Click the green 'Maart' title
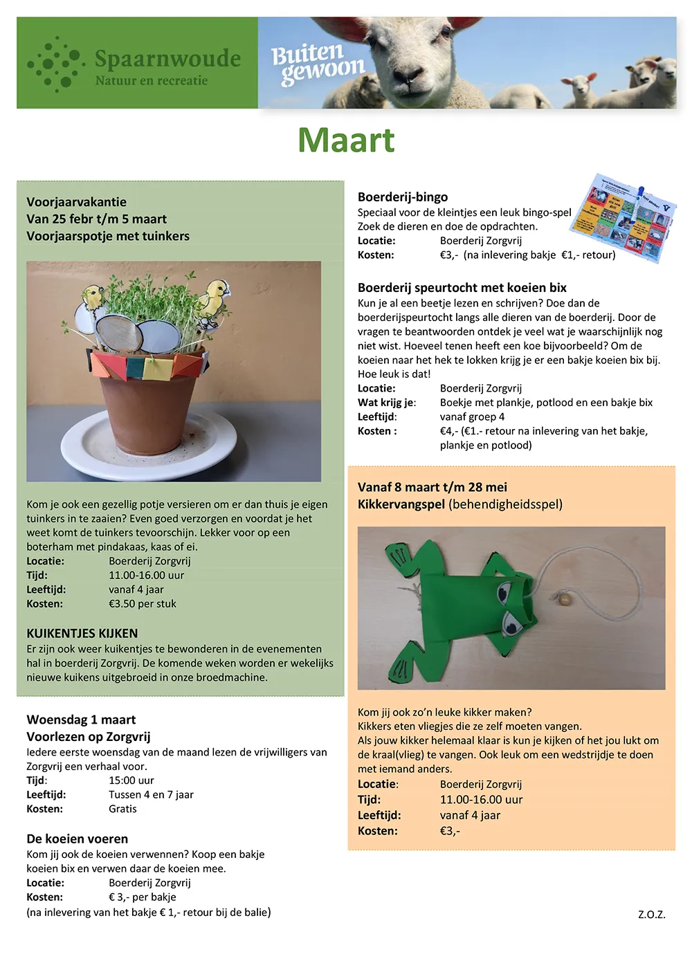(346, 140)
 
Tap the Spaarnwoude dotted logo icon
(55, 64)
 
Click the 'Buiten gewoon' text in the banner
(316, 64)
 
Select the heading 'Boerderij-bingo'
(403, 197)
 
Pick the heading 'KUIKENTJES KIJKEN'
(82, 633)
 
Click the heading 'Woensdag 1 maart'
(81, 720)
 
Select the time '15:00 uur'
(131, 780)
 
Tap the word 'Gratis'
(122, 809)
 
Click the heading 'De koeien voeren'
(78, 839)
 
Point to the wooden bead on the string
(565, 598)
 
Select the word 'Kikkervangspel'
(401, 504)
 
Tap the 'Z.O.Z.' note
(651, 915)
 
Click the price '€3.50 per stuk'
(143, 603)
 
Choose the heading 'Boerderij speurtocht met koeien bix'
(462, 288)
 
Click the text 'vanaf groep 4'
(472, 417)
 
